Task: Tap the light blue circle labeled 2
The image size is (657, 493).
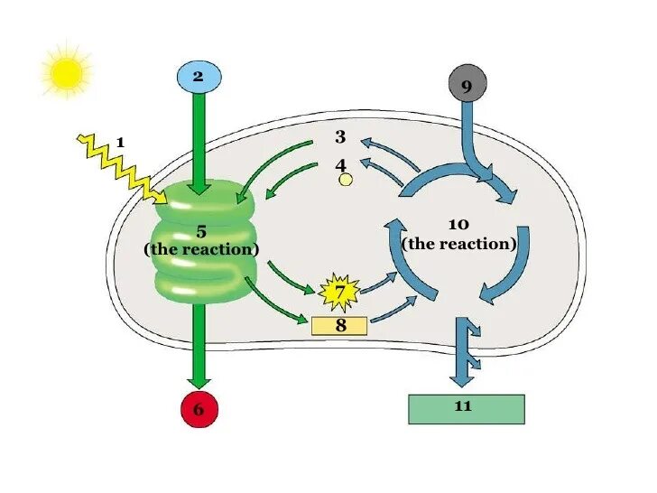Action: coord(199,76)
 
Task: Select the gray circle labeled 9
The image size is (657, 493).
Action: coord(467,86)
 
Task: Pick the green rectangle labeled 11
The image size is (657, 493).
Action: coord(466,408)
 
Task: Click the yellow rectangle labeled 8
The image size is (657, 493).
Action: coord(339,326)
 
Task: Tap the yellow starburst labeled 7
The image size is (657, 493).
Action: coord(339,292)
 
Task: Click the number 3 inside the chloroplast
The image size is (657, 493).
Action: coord(340,137)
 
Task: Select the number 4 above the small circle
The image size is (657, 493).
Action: coord(340,165)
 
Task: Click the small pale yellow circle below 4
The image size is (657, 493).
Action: coord(345,181)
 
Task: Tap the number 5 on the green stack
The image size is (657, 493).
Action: coord(201,231)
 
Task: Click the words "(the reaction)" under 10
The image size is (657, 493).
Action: coord(458,244)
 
